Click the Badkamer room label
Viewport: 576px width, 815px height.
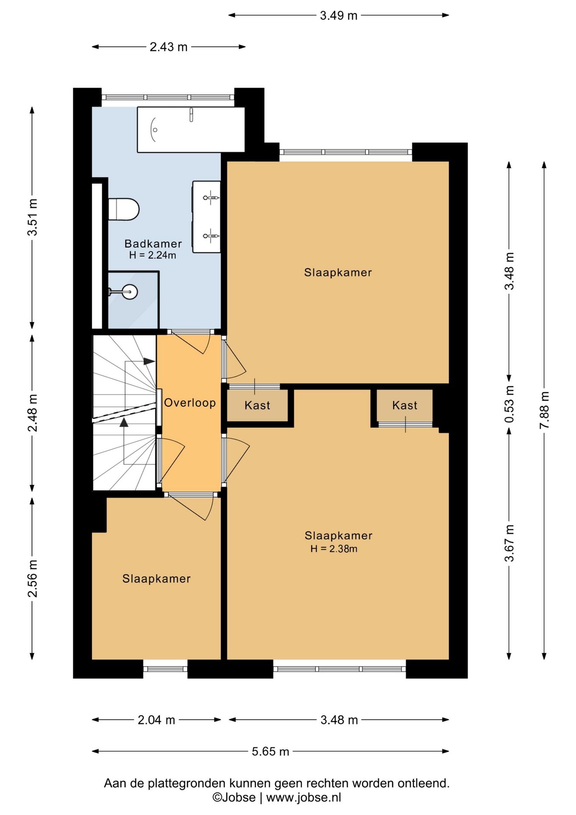coord(153,244)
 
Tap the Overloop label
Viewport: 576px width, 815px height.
coord(190,402)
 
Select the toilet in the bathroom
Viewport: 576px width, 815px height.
coord(123,209)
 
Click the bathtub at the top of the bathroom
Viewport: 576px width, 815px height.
coord(191,129)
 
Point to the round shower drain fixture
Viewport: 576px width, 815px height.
coord(129,292)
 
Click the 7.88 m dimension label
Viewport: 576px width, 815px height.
coord(544,410)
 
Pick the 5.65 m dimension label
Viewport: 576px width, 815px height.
coord(271,751)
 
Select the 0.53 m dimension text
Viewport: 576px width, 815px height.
coord(509,404)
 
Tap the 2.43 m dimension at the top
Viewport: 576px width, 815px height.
coord(168,47)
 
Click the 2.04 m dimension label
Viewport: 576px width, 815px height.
coord(157,719)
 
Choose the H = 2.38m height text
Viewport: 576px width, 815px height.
coord(334,549)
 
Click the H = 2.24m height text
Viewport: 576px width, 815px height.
coord(153,255)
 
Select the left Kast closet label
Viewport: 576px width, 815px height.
coord(257,405)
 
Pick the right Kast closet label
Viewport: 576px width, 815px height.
coord(405,405)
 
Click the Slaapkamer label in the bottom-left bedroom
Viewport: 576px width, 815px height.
coord(157,579)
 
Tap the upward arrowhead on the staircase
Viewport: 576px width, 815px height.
coord(124,422)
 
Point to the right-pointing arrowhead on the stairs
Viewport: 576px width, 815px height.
coord(149,361)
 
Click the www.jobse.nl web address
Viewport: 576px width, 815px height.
coord(304,798)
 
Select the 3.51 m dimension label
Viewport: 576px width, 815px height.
coord(32,217)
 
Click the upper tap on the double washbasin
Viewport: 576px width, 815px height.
coord(210,197)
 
